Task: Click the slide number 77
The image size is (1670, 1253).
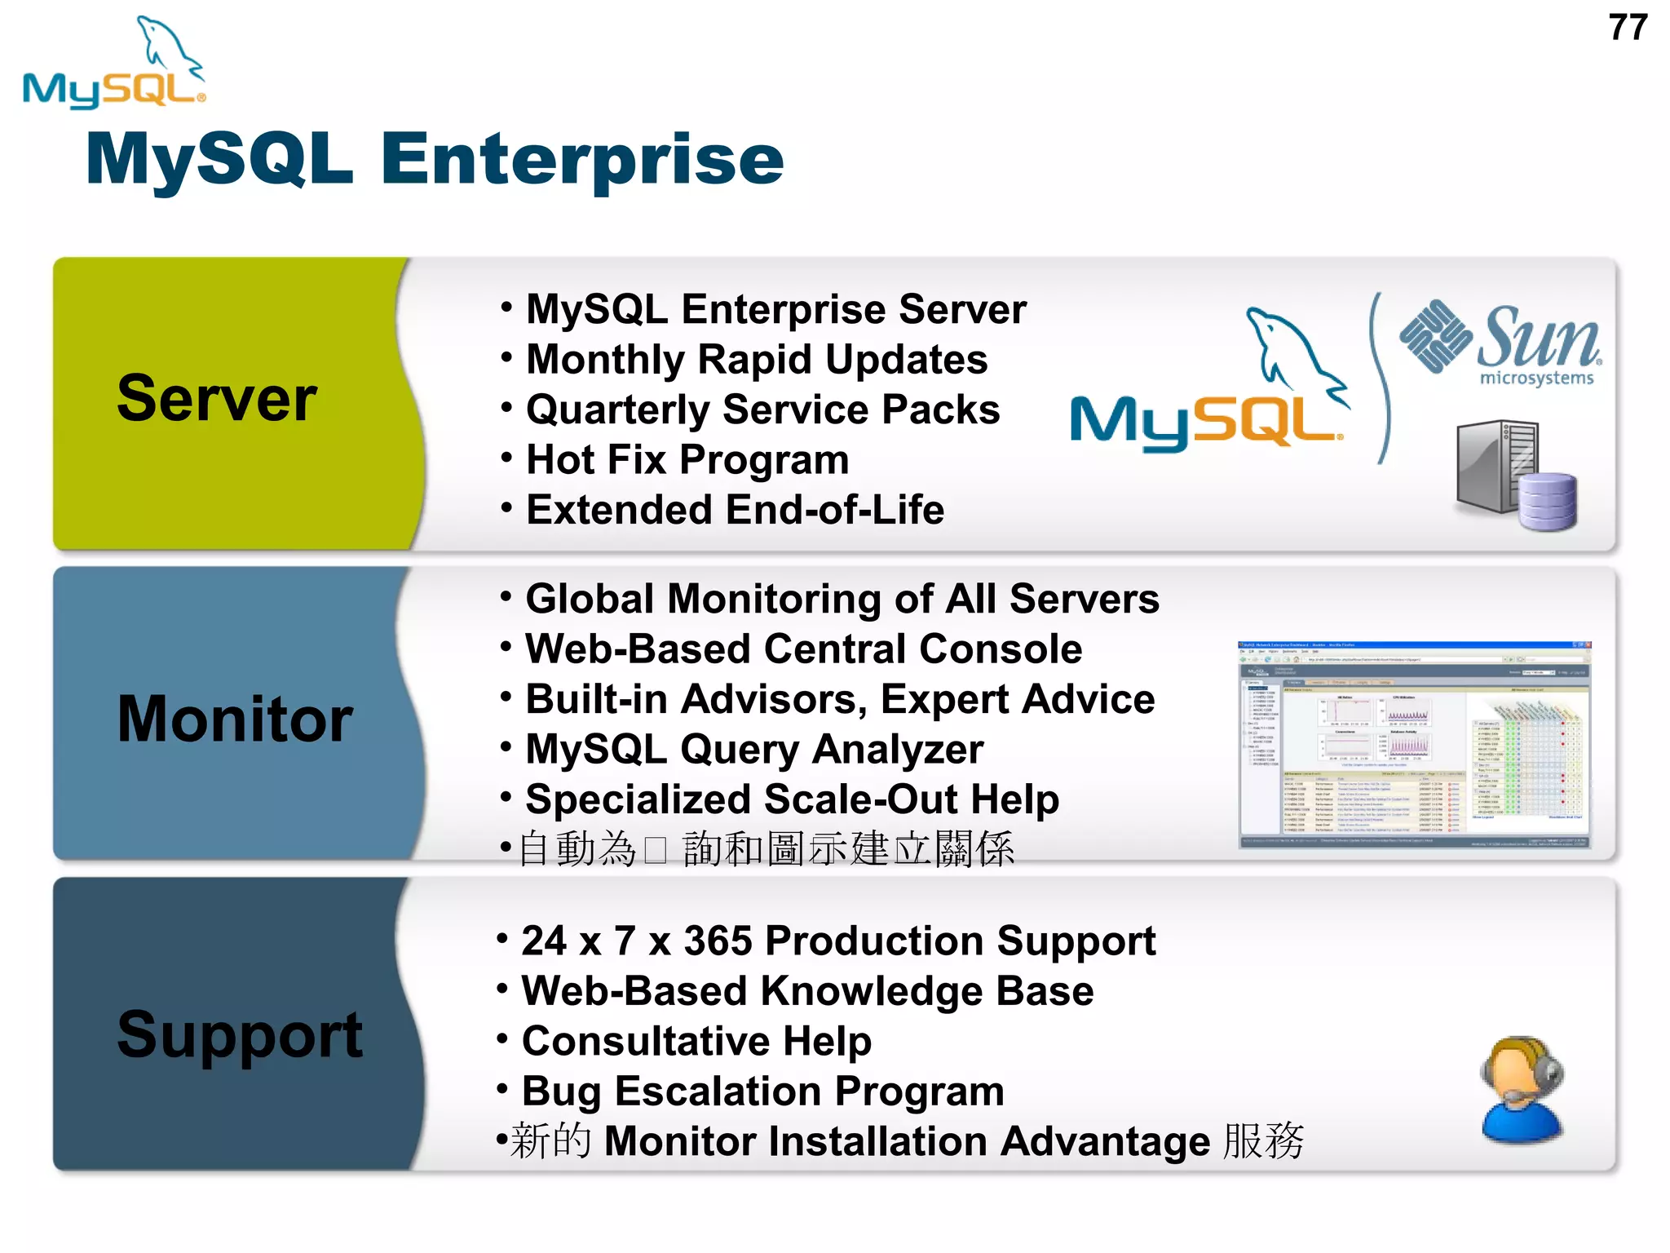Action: pyautogui.click(x=1628, y=28)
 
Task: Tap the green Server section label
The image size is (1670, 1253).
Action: pyautogui.click(x=217, y=399)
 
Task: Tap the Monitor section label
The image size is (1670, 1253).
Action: pyautogui.click(x=235, y=719)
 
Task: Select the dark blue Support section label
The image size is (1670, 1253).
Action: pyautogui.click(x=239, y=1034)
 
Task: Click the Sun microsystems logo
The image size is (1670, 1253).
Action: pyautogui.click(x=1501, y=343)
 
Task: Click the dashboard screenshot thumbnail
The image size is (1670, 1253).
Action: pyautogui.click(x=1414, y=745)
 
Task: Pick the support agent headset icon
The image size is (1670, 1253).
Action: pyautogui.click(x=1520, y=1088)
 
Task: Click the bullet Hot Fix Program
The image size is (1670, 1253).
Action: pyautogui.click(x=687, y=460)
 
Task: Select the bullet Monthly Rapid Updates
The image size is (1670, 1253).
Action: pyautogui.click(x=756, y=360)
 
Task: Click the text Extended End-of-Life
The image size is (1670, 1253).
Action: pyautogui.click(x=735, y=510)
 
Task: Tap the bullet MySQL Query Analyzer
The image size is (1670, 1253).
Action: pyautogui.click(x=753, y=749)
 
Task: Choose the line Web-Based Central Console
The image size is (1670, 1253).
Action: pyautogui.click(x=803, y=649)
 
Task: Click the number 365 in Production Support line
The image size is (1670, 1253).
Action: pyautogui.click(x=718, y=941)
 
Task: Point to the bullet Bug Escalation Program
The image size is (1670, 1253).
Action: pyautogui.click(x=762, y=1091)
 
